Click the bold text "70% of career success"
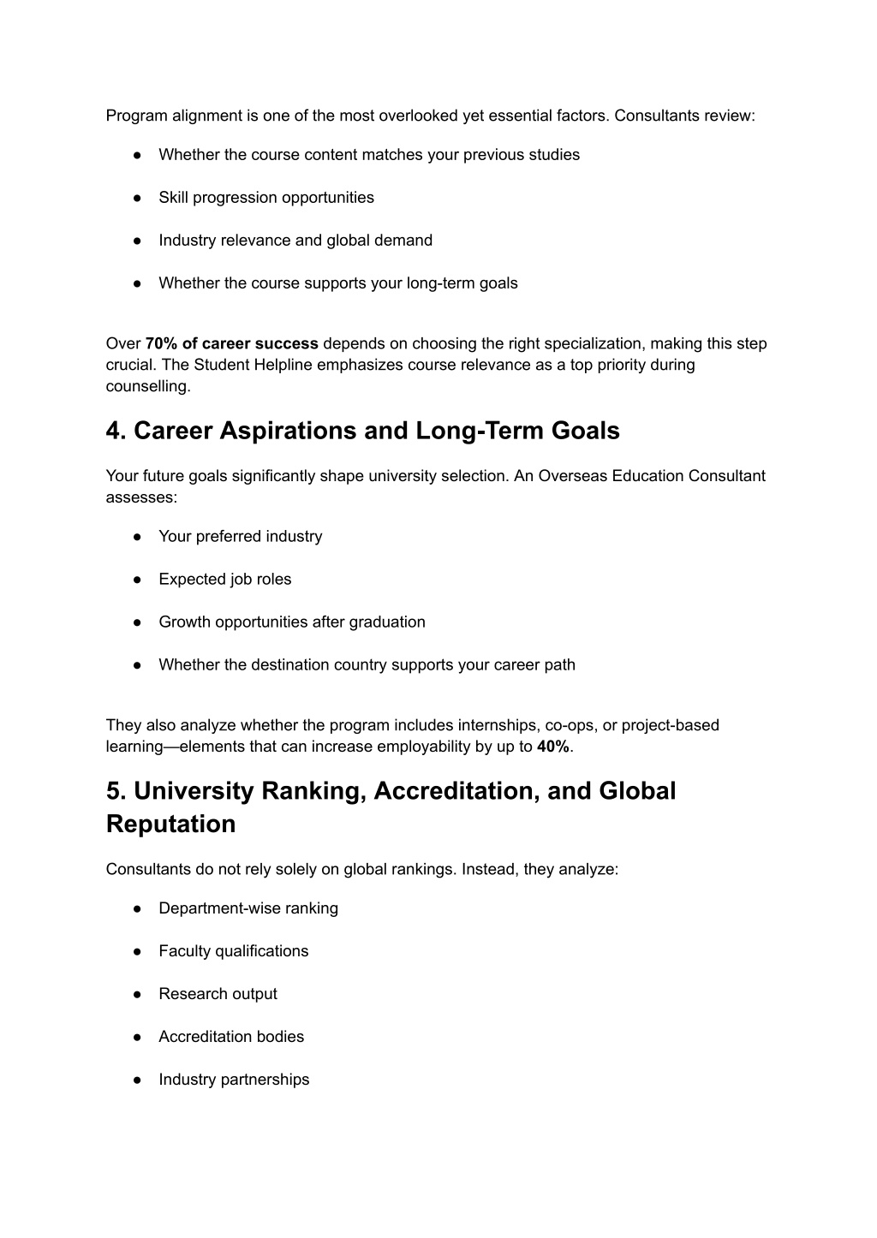pos(231,344)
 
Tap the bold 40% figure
pos(553,747)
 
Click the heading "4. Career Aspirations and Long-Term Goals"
pos(362,431)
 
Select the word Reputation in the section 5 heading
pos(170,824)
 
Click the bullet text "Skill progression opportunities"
pos(266,198)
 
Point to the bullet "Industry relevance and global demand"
pos(295,241)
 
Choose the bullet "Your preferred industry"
pos(241,537)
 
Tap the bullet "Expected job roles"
pos(225,580)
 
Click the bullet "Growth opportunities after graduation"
pos(292,622)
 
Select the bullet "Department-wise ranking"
pos(248,908)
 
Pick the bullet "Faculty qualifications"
pos(234,951)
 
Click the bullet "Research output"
pos(218,994)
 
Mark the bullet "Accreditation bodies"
pos(231,1037)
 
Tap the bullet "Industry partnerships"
pos(234,1080)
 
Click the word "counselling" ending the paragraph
pos(146,387)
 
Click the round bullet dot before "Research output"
pos(137,994)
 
